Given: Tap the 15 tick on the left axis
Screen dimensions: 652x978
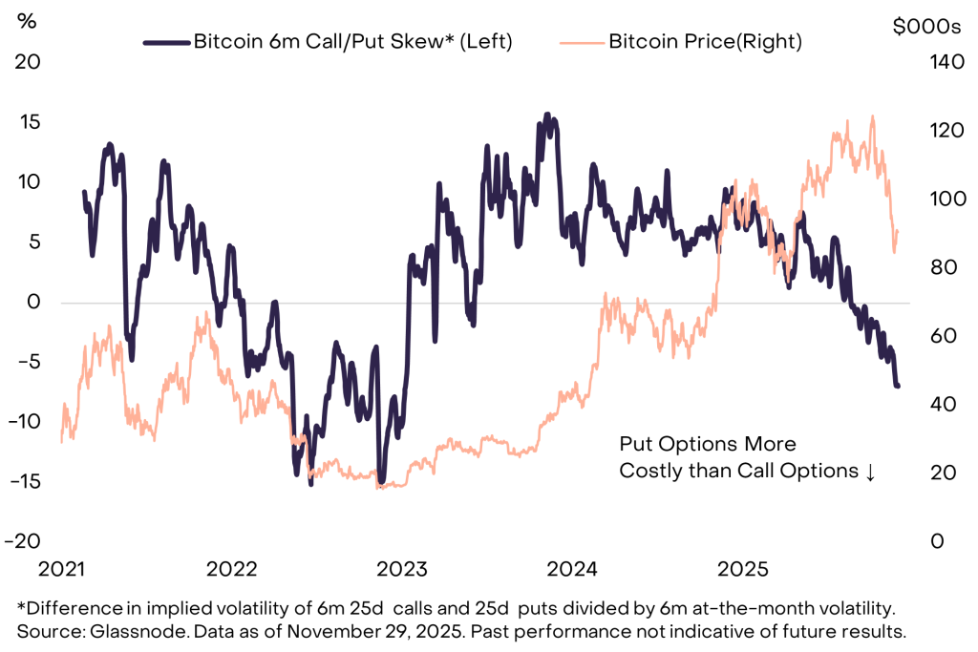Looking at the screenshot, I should coord(31,123).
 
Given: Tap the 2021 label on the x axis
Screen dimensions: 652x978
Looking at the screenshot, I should coord(62,570).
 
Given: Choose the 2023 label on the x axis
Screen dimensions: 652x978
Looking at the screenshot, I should coord(403,570).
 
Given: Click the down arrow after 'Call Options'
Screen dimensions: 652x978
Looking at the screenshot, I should coord(869,472).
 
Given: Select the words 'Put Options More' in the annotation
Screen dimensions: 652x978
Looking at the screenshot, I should coord(707,445).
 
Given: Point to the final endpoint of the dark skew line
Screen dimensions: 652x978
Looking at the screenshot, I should coord(898,386).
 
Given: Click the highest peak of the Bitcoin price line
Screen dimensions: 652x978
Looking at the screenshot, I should coord(872,116).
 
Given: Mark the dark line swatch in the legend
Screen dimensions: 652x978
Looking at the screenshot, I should coord(167,42).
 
